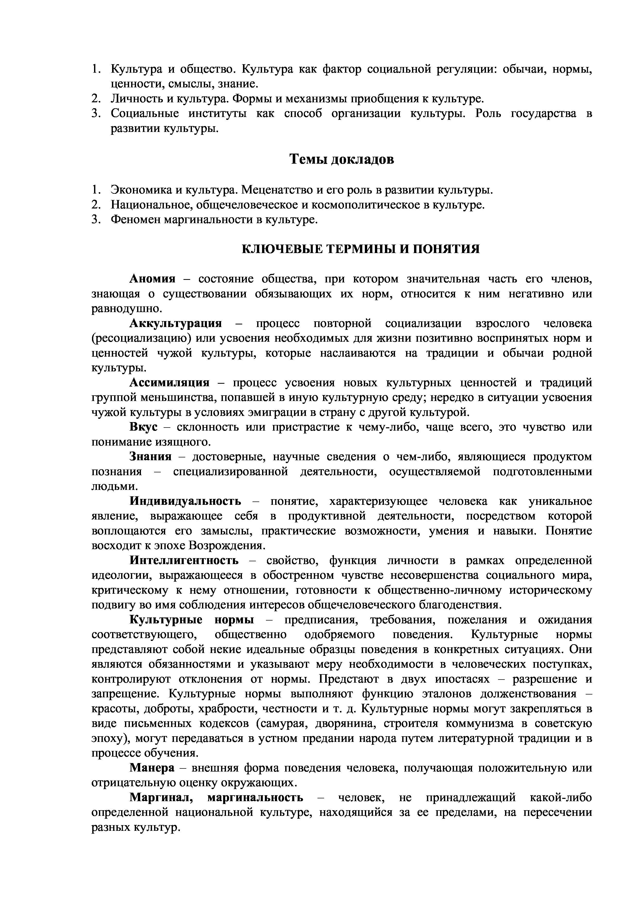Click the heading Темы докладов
342,160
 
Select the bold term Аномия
152,279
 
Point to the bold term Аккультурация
176,324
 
